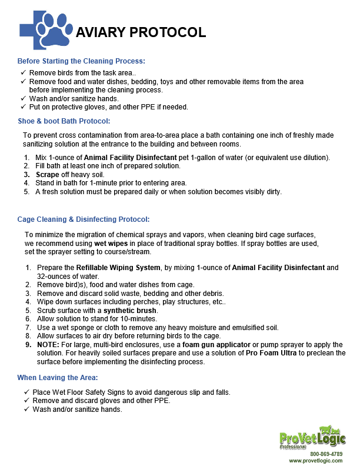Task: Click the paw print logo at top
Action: [55, 29]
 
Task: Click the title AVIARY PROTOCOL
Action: [141, 32]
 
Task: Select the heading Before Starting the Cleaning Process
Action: [81, 61]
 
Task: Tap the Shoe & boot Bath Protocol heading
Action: [64, 121]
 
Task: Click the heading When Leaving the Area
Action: [57, 377]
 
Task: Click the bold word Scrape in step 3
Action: [48, 175]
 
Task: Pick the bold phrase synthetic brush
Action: [130, 310]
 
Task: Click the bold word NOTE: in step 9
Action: [48, 344]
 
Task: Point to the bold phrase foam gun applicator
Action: [215, 344]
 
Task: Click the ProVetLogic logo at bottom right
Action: [312, 438]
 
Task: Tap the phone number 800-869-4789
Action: [326, 454]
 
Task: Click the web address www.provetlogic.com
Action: [315, 461]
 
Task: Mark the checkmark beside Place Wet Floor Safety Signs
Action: [26, 392]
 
